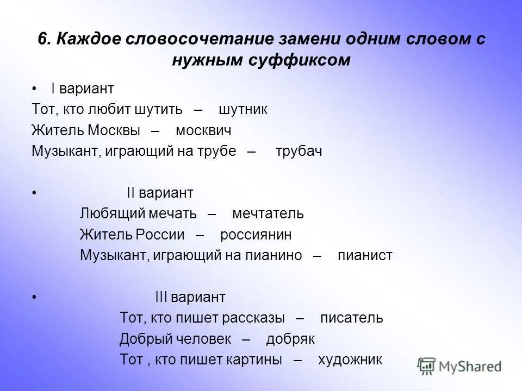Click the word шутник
pyautogui.click(x=243, y=109)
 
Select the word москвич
pyautogui.click(x=203, y=130)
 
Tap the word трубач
pyautogui.click(x=299, y=152)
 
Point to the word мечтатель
pyautogui.click(x=268, y=213)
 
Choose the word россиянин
pyautogui.click(x=256, y=235)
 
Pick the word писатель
pyautogui.click(x=351, y=318)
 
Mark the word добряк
pyautogui.click(x=290, y=339)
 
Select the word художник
pyautogui.click(x=350, y=360)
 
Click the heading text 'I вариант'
pyautogui.click(x=83, y=89)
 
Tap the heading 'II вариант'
pyautogui.click(x=160, y=193)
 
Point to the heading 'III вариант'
pyautogui.click(x=190, y=297)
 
